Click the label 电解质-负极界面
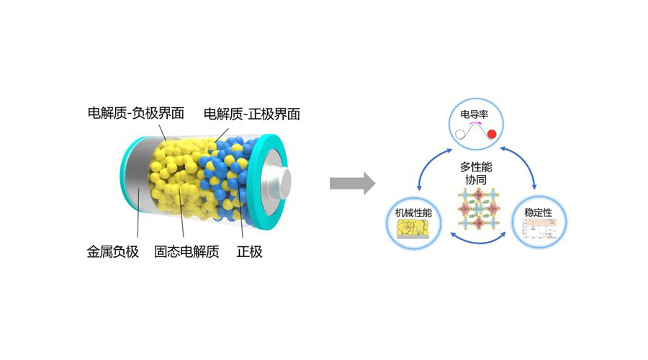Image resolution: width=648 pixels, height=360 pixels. [x=136, y=113]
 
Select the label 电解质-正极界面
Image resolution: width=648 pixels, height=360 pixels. [x=252, y=113]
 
